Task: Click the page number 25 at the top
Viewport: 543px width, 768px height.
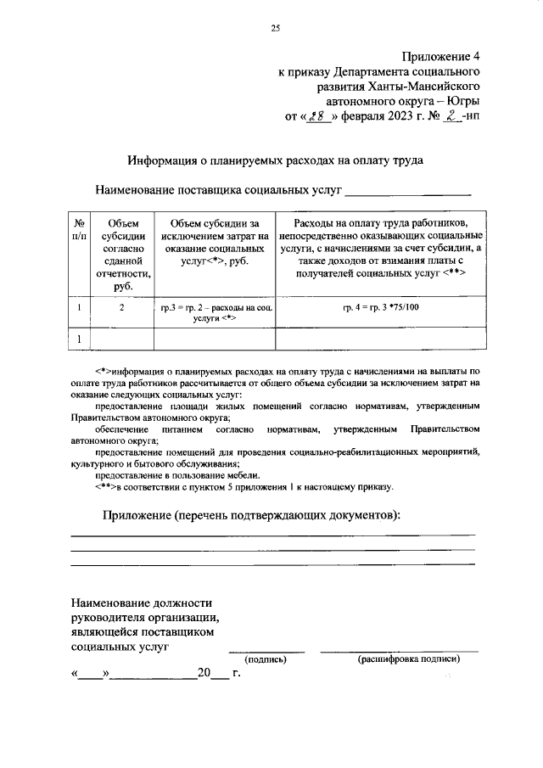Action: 275,28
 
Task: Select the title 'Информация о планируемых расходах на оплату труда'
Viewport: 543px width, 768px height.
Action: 276,159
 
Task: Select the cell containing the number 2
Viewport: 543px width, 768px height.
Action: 122,308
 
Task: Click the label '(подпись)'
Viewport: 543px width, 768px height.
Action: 266,659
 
